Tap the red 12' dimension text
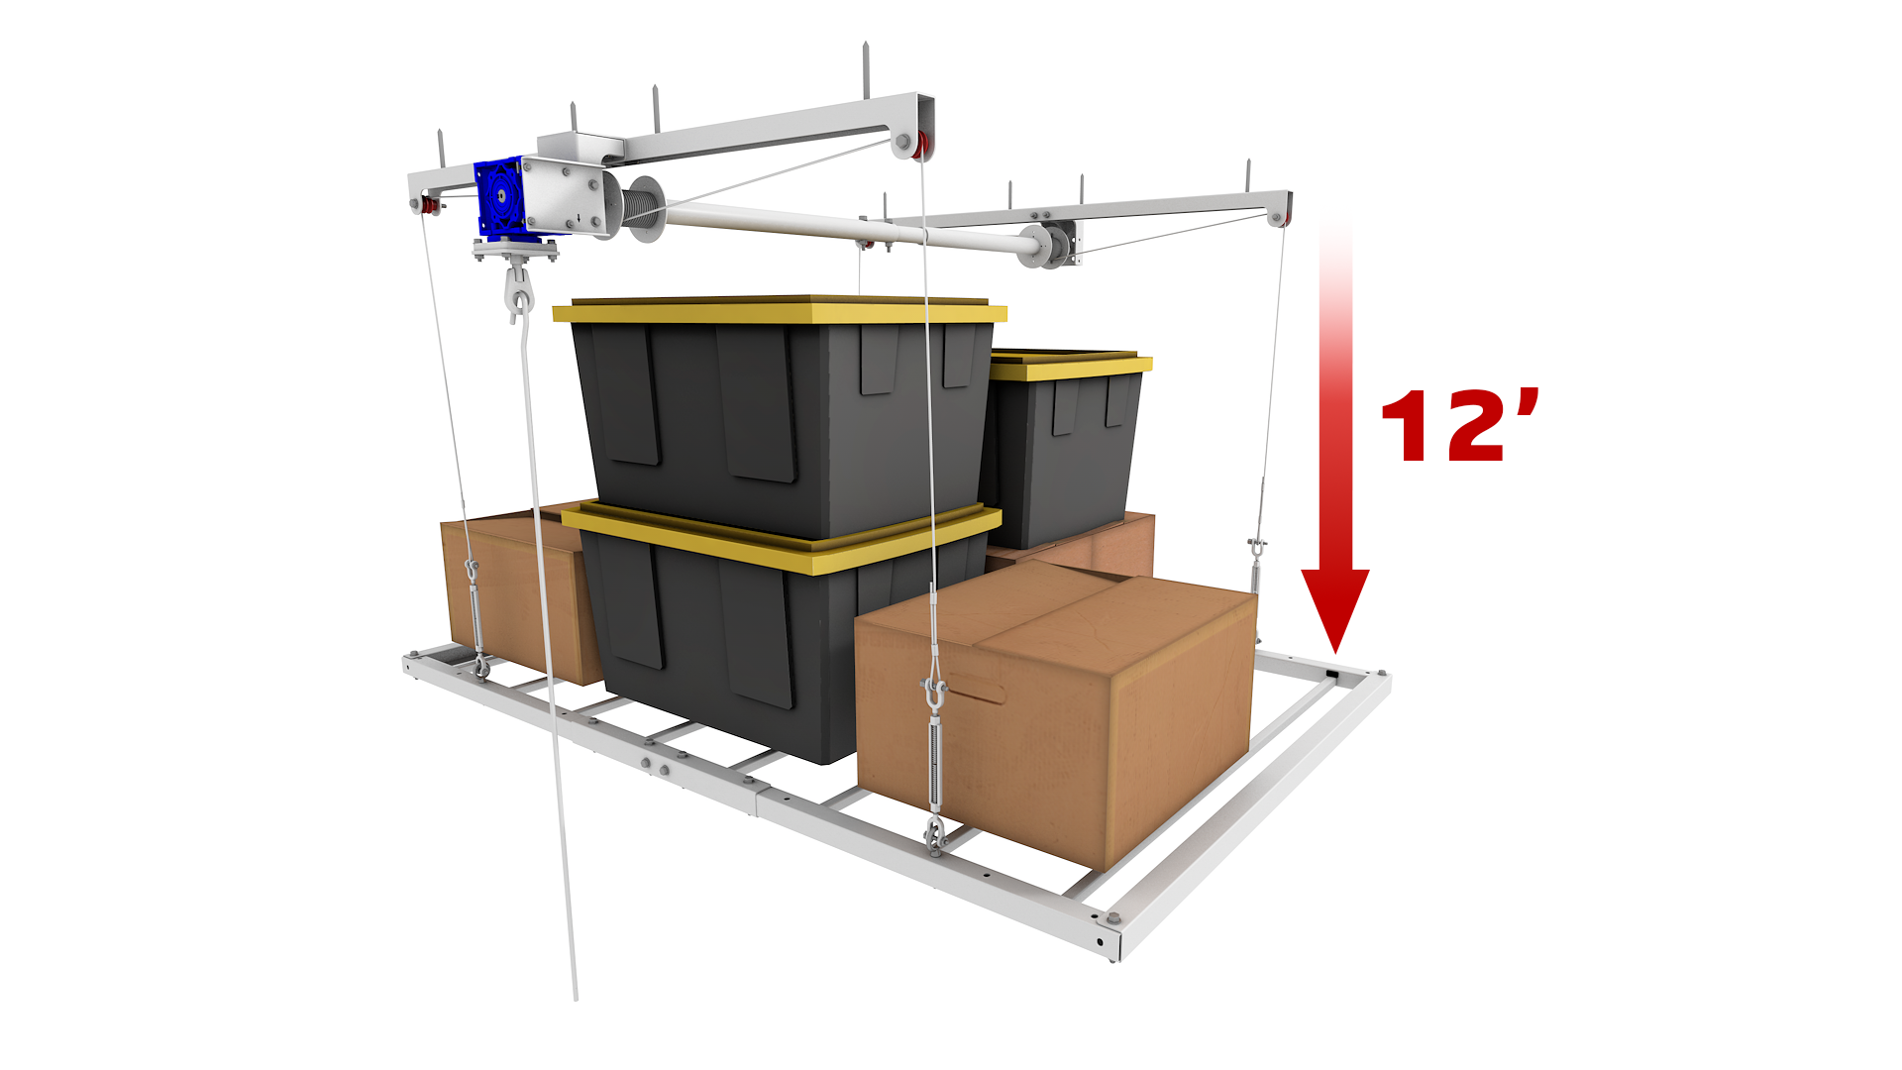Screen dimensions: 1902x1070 (x=1459, y=425)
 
